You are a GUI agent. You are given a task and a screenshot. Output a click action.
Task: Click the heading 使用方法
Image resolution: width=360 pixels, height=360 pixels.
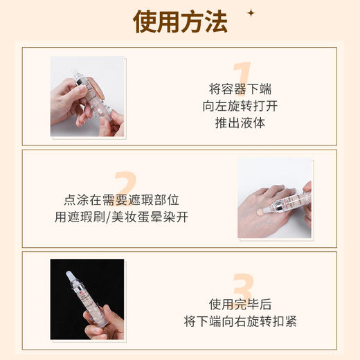pos(179,23)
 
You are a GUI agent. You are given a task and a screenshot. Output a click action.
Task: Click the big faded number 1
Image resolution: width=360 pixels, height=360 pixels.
pos(241,77)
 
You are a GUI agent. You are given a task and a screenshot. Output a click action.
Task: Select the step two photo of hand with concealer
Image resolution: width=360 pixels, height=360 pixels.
pos(274,199)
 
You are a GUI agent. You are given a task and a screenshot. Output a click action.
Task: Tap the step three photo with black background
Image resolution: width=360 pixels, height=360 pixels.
pos(87,299)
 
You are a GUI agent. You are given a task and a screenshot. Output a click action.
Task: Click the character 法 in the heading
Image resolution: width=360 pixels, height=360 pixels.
pos(215,23)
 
